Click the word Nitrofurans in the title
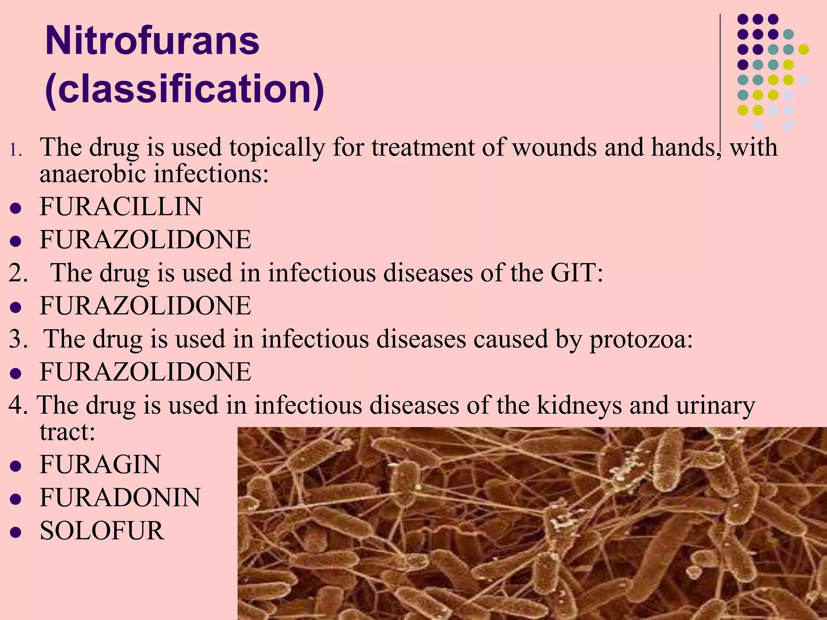point(152,41)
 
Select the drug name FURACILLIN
point(121,207)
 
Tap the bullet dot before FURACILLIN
point(15,208)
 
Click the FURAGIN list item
point(100,464)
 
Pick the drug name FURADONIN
point(120,497)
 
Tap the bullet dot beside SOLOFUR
point(15,532)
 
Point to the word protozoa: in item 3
point(641,339)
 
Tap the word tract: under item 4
point(67,432)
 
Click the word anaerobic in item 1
point(92,174)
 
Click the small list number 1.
point(16,151)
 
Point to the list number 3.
point(18,339)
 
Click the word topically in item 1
point(277,148)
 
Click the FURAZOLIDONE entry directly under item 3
point(145,372)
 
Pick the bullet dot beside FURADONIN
point(15,499)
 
